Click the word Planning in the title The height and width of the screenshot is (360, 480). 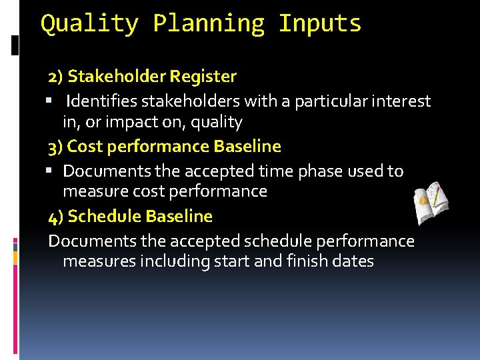click(209, 23)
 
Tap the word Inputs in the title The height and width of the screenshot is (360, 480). click(320, 23)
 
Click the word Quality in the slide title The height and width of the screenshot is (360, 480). click(90, 23)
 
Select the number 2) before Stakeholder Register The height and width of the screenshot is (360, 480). click(55, 77)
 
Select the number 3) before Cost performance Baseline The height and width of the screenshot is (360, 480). click(56, 146)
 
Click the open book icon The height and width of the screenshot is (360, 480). click(430, 203)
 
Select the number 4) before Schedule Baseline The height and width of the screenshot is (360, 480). click(56, 217)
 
